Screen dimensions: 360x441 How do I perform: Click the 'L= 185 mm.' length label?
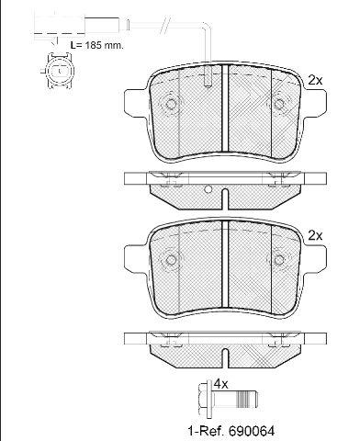(x=96, y=46)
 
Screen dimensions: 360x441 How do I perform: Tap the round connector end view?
(x=60, y=71)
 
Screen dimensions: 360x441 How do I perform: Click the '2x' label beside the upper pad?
(x=315, y=81)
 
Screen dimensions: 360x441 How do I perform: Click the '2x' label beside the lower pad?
(x=315, y=236)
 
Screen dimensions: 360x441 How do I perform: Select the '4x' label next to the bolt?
(x=220, y=384)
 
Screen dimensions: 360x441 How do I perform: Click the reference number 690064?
(x=252, y=431)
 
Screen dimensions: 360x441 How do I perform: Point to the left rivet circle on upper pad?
(x=171, y=104)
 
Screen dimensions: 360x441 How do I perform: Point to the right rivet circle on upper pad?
(x=279, y=104)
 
